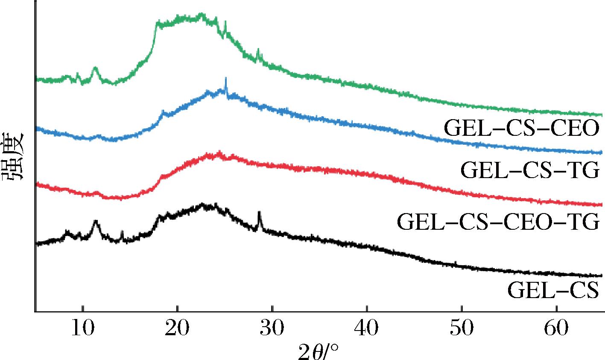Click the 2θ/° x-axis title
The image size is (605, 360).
[319, 351]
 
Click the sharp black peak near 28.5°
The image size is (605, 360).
[259, 212]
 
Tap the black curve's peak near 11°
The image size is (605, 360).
[96, 222]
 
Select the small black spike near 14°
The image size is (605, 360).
[123, 232]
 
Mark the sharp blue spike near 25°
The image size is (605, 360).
[225, 79]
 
